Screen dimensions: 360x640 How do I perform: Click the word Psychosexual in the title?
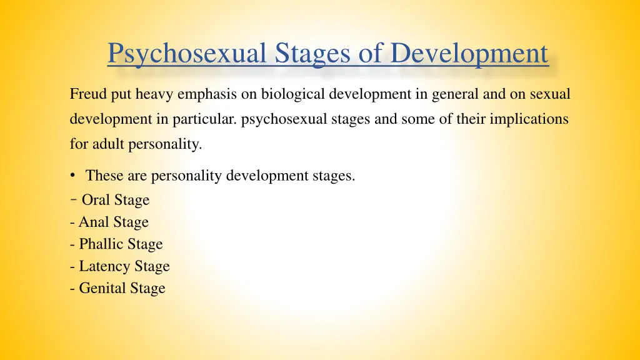coord(187,54)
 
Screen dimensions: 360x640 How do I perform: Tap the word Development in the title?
coord(469,54)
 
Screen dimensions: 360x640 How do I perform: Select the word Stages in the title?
coord(315,54)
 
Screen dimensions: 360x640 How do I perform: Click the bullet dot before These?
coord(74,176)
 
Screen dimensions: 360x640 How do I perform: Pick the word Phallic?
coord(102,244)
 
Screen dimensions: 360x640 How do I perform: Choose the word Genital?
coord(102,288)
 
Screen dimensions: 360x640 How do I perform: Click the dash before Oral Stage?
coord(74,199)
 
